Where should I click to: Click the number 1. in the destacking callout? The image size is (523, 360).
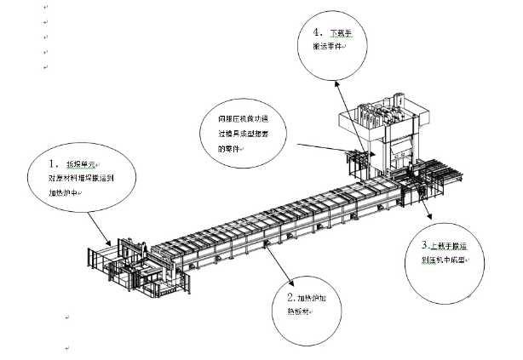pyautogui.click(x=53, y=161)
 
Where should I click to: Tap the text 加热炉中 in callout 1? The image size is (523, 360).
pyautogui.click(x=66, y=192)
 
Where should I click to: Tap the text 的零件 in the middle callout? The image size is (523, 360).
pyautogui.click(x=230, y=149)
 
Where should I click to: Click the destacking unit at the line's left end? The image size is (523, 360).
pyautogui.click(x=128, y=264)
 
